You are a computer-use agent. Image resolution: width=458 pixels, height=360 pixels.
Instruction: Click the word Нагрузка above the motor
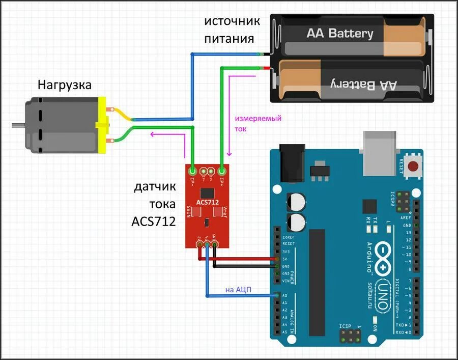pyautogui.click(x=65, y=85)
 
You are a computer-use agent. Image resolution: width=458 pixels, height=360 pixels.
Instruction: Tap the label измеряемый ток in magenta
pyautogui.click(x=257, y=124)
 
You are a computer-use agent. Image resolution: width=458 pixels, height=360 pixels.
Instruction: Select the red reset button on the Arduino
pyautogui.click(x=414, y=165)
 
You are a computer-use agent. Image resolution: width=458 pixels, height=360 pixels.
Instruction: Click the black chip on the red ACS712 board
pyautogui.click(x=207, y=193)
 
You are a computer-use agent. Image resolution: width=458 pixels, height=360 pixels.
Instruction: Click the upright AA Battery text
pyautogui.click(x=339, y=34)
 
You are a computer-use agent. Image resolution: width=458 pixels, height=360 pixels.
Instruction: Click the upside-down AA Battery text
pyautogui.click(x=363, y=84)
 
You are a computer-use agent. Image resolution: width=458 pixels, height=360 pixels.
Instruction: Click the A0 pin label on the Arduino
pyautogui.click(x=284, y=295)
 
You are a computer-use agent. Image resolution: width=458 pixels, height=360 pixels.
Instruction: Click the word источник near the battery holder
pyautogui.click(x=232, y=21)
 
